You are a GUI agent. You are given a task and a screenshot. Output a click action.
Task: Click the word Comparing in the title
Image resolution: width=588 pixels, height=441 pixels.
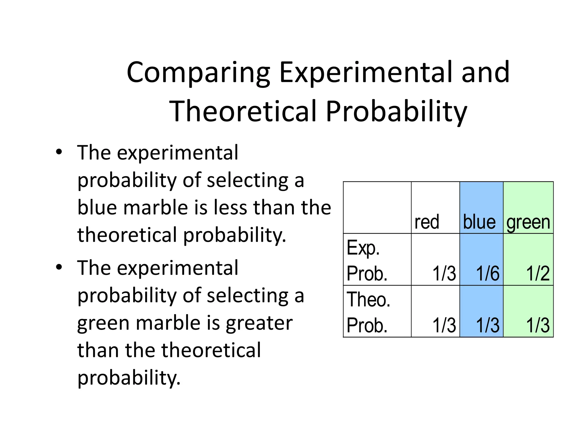click(x=198, y=73)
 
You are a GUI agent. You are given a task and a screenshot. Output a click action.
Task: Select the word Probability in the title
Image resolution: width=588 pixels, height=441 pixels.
click(x=396, y=111)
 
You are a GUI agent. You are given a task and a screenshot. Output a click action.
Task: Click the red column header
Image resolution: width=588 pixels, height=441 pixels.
click(x=427, y=222)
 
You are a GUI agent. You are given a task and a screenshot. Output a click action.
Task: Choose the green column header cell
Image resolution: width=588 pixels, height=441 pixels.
click(x=528, y=222)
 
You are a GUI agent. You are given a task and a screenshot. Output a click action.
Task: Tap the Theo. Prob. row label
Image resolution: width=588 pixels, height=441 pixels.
click(x=368, y=312)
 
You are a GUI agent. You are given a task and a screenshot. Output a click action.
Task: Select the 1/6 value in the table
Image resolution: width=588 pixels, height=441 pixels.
click(x=488, y=273)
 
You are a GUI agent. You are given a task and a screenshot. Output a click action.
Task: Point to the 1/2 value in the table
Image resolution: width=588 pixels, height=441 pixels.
click(x=538, y=273)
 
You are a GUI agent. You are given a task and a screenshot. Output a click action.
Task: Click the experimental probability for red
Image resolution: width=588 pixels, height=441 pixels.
click(x=444, y=273)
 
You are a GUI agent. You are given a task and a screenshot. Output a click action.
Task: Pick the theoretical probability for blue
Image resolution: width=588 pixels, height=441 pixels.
click(x=488, y=325)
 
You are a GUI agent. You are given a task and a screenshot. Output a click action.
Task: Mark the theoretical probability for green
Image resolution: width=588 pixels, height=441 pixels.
click(x=538, y=325)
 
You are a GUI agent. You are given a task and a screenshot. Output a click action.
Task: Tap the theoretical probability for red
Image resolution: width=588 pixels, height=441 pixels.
click(x=444, y=325)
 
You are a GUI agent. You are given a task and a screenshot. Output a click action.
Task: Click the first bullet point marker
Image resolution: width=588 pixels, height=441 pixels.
click(x=59, y=152)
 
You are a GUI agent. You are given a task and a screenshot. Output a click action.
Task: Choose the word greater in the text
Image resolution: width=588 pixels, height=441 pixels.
click(x=259, y=323)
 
